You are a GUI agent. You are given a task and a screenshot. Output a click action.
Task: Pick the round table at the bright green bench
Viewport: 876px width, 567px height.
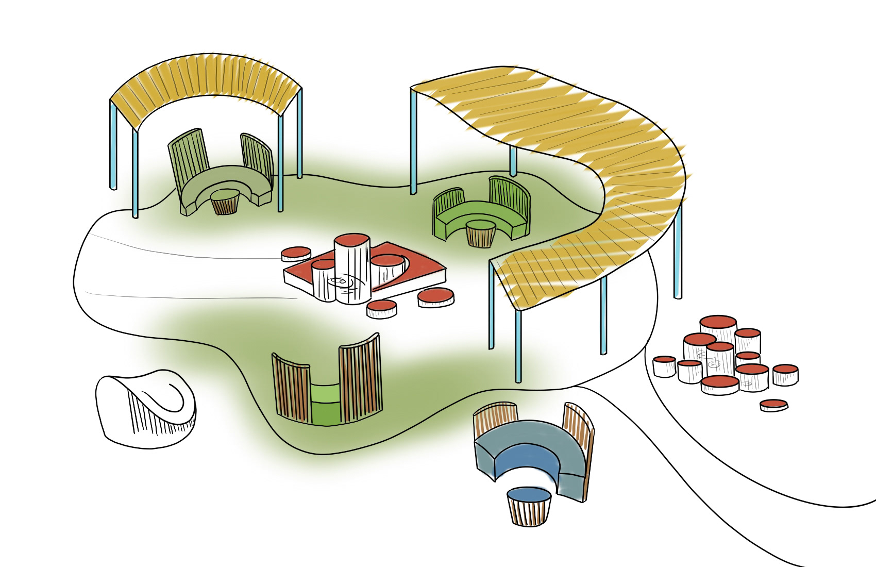480,232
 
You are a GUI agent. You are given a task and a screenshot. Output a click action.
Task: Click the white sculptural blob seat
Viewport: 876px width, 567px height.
147,405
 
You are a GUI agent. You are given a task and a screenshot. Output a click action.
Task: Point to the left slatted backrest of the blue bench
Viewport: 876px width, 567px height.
495,423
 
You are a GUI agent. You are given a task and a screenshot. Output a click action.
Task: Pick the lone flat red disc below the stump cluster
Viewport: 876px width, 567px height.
773,405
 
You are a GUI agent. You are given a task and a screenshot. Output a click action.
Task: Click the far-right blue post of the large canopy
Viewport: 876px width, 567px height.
677,247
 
